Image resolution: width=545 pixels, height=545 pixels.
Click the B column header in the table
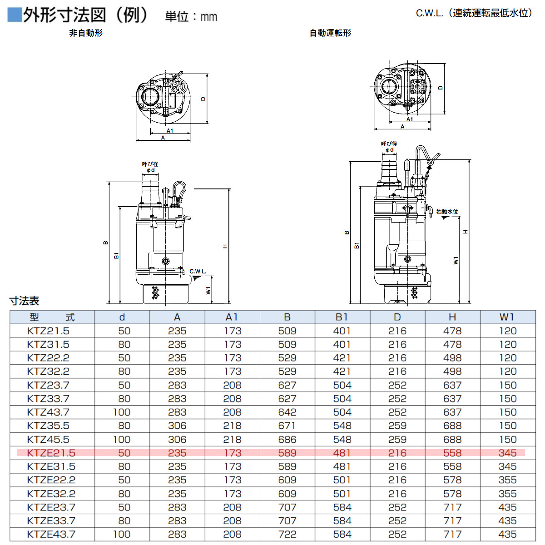point(287,317)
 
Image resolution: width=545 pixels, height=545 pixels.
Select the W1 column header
point(507,317)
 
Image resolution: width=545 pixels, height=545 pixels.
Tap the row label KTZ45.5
point(48,439)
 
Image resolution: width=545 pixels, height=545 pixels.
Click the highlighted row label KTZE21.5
point(51,453)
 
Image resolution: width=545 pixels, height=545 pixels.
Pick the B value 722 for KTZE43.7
point(287,534)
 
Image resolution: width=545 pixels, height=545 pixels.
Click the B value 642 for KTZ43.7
point(287,412)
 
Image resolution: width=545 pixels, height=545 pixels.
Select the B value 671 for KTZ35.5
point(287,426)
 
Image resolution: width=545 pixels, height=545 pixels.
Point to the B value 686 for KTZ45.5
point(287,439)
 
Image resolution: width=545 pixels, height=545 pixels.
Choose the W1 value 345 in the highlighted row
point(507,453)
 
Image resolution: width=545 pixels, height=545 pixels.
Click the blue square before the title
point(15,15)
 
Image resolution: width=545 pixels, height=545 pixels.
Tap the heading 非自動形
point(86,33)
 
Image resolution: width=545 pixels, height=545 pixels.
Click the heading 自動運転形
point(330,33)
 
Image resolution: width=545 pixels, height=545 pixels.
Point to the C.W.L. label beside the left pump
point(198,272)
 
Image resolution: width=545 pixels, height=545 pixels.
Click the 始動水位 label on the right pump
point(447,212)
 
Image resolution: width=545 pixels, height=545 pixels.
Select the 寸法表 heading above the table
point(25,301)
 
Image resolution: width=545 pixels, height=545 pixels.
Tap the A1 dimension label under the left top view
point(169,131)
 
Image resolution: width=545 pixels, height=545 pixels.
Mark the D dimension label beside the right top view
point(440,88)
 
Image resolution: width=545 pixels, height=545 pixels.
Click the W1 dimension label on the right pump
point(456,260)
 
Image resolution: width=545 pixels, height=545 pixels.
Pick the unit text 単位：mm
point(191,17)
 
